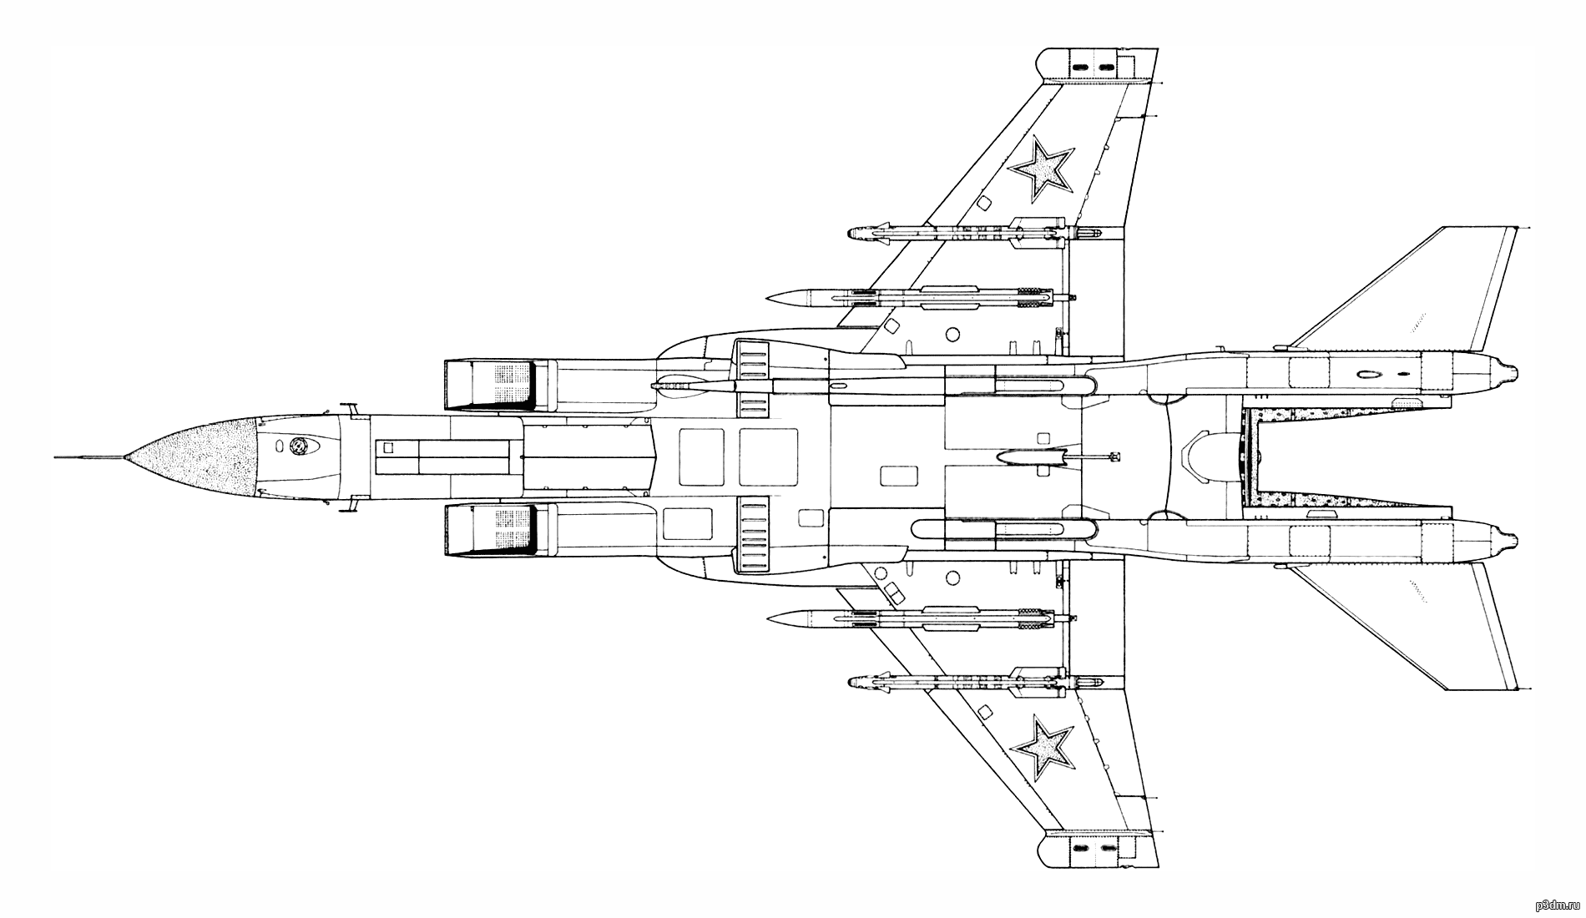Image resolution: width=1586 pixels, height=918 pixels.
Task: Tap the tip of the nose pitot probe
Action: [55, 457]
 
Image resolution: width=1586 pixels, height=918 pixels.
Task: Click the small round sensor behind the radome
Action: [298, 446]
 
